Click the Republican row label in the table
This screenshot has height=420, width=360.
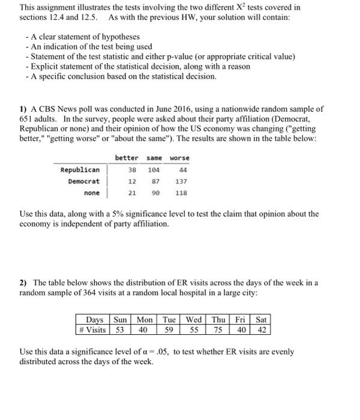coord(80,170)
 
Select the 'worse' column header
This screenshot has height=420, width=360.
coord(179,158)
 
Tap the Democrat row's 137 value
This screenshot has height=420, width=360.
coord(181,181)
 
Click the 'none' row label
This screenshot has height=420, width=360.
coord(92,193)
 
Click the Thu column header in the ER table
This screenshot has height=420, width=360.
coord(218,320)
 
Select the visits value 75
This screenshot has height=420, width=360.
coord(219,329)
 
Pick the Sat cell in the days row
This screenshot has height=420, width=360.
coord(261,320)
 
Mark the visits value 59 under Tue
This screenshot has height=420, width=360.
coord(169,329)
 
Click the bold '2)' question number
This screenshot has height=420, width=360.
coord(24,283)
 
